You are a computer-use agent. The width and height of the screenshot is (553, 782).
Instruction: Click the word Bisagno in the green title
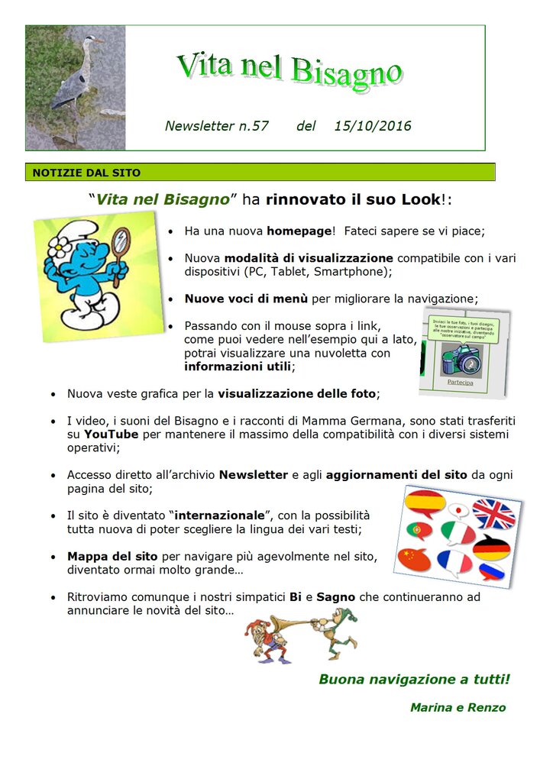(x=346, y=72)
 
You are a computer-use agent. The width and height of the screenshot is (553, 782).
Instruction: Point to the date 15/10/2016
(x=373, y=126)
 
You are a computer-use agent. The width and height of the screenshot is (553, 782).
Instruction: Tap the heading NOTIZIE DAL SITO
(x=86, y=173)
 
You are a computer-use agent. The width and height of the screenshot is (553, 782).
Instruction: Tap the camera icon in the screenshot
(x=460, y=359)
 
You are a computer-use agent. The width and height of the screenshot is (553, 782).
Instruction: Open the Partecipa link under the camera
(x=460, y=381)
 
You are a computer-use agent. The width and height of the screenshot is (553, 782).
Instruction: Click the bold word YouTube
(x=111, y=435)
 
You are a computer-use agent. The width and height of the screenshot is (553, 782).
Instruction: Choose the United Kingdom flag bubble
(x=494, y=512)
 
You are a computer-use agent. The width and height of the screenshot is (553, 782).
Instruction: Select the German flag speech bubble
(x=491, y=547)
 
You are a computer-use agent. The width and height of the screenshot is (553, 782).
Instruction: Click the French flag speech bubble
(x=454, y=562)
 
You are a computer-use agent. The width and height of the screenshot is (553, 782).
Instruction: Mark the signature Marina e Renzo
(x=458, y=708)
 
